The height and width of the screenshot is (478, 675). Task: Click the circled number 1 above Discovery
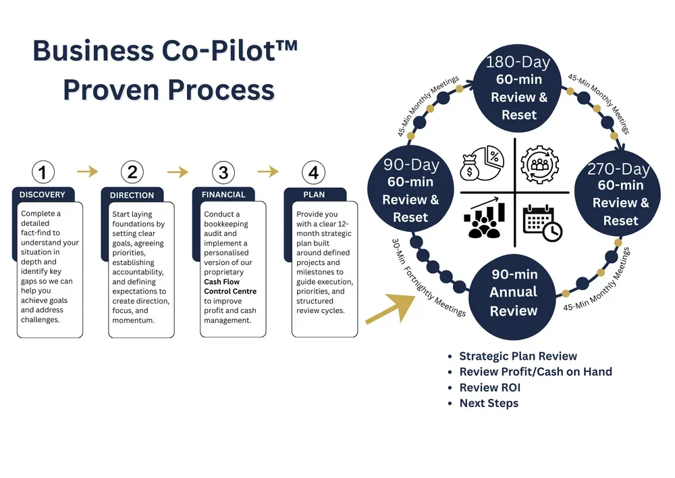click(43, 172)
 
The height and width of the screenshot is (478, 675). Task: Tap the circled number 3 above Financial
click(223, 172)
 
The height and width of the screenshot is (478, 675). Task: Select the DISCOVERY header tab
click(43, 195)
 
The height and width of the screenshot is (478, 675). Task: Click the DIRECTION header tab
click(132, 195)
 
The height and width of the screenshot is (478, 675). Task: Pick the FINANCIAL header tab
click(223, 195)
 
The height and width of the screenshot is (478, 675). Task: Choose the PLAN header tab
click(314, 195)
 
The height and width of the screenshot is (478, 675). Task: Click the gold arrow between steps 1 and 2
click(88, 172)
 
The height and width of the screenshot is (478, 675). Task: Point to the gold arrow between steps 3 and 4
click(268, 172)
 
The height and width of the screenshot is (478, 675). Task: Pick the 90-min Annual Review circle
click(514, 292)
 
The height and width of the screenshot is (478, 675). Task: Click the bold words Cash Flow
click(222, 282)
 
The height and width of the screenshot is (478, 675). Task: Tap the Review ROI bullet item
click(489, 387)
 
